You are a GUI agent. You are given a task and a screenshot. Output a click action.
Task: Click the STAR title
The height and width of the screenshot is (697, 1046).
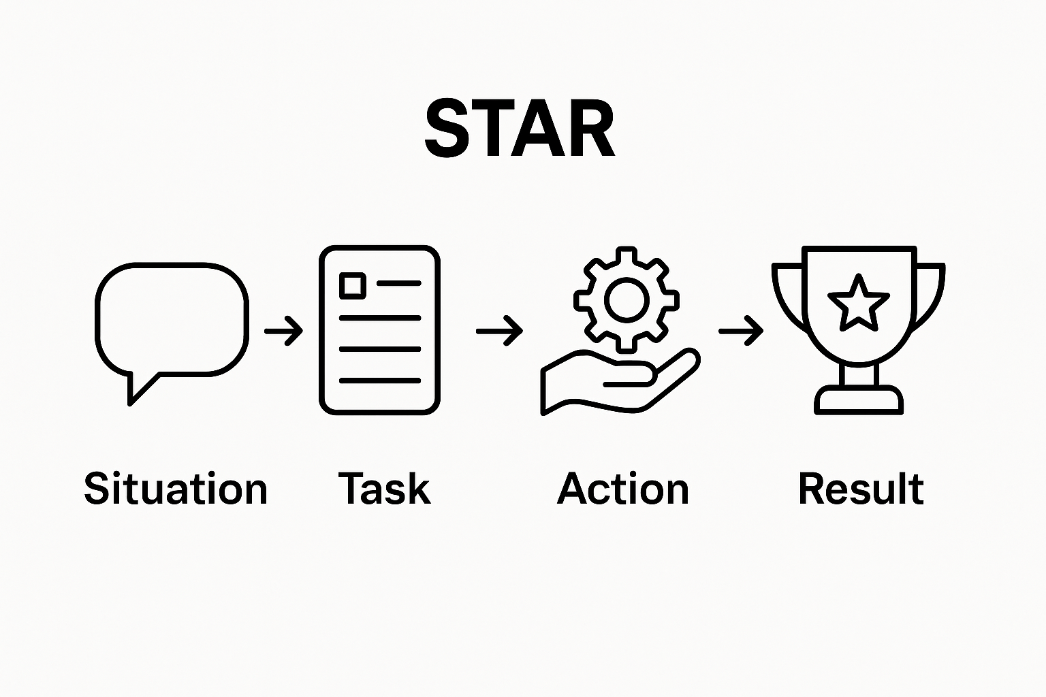[x=520, y=129]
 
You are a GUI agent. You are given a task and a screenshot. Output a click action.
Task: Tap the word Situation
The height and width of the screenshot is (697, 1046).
[x=176, y=489]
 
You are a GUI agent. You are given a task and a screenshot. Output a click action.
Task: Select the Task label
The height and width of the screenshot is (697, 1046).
[x=385, y=489]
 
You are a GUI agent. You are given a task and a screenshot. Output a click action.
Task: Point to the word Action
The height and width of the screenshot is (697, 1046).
[x=623, y=489]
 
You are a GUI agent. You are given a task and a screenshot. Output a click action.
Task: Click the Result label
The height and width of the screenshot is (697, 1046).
[x=861, y=489]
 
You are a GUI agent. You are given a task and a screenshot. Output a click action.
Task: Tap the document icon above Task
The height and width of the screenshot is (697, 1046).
[x=379, y=330]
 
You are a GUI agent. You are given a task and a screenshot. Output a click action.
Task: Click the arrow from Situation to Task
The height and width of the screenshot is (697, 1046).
[x=283, y=331]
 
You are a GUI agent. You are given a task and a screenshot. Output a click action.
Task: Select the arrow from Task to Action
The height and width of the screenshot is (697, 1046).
[x=499, y=331]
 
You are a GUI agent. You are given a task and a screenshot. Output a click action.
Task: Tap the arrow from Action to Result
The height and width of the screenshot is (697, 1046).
[x=741, y=331]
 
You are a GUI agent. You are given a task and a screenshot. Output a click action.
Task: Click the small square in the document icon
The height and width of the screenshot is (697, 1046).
[x=352, y=285]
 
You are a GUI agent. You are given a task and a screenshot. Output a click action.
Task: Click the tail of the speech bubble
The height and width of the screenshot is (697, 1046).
[x=138, y=387]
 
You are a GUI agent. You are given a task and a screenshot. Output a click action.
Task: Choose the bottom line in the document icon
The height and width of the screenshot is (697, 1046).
[x=379, y=380]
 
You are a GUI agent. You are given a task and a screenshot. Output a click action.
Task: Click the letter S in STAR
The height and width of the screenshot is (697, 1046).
[x=447, y=129]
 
